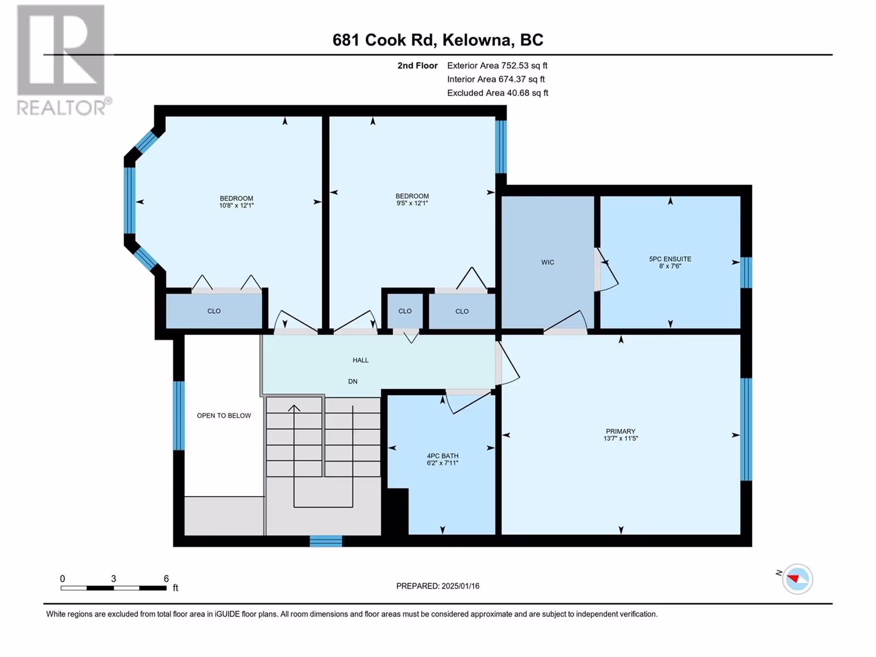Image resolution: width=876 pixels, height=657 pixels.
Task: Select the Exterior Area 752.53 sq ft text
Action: pos(497,65)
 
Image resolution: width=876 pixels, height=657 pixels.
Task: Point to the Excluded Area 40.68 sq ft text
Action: pos(498,93)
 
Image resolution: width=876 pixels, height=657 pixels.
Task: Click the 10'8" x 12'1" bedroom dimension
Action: pos(237,205)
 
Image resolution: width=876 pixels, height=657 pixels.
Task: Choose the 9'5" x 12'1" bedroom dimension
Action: pos(412,203)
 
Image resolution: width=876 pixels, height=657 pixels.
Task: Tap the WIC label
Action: pos(547,262)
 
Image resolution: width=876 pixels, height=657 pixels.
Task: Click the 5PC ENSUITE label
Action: pos(670,259)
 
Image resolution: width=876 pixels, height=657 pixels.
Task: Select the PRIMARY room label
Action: pos(620,431)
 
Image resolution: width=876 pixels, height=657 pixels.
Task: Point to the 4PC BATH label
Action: pos(442,456)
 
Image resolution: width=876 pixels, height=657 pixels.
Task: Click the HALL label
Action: pos(360,360)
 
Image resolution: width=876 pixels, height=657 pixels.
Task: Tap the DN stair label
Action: pos(353,382)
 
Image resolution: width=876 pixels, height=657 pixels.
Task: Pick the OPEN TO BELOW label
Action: pos(224,416)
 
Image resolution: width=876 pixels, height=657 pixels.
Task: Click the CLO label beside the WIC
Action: pos(462,312)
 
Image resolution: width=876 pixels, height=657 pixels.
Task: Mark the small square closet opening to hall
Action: pos(405,311)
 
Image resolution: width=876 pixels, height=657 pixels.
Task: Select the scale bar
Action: pos(113,588)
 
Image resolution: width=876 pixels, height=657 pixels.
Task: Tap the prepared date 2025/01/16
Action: pos(460,586)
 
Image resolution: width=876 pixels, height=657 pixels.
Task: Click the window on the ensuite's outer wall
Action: pos(746,273)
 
